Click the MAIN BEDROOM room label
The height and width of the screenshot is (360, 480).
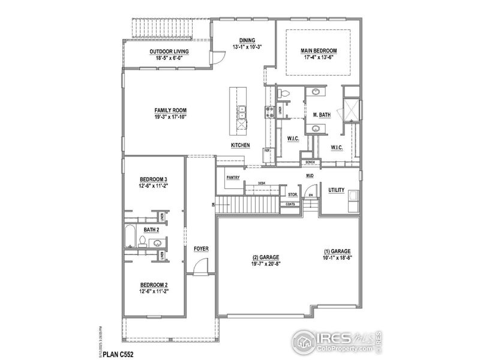click(x=318, y=51)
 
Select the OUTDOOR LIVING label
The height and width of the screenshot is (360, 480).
click(x=169, y=52)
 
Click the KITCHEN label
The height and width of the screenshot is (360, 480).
click(x=241, y=146)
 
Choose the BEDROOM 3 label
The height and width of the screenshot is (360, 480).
click(x=153, y=179)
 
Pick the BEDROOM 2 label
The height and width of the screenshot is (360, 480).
click(x=153, y=284)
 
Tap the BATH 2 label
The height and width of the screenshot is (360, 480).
click(x=151, y=230)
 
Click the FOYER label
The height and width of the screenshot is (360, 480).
click(x=200, y=248)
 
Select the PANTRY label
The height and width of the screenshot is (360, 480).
click(x=233, y=178)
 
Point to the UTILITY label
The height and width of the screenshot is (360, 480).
click(x=336, y=190)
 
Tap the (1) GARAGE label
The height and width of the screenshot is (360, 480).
click(x=337, y=251)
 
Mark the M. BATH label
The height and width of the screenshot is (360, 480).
click(x=322, y=114)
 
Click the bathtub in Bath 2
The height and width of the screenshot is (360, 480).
click(x=130, y=238)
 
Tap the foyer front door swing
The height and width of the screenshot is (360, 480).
click(x=202, y=265)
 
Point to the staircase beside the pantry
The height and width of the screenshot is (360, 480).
click(x=247, y=205)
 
